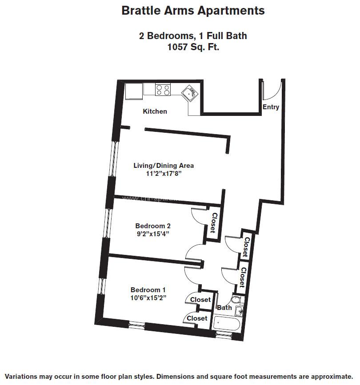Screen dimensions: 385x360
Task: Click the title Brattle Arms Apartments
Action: [193, 11]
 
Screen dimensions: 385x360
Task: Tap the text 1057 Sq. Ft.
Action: [192, 47]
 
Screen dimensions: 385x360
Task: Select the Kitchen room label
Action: [155, 111]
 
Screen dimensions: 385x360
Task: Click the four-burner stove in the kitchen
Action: [163, 90]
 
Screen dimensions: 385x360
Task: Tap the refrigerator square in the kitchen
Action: [133, 91]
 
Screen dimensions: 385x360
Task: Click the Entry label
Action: [271, 107]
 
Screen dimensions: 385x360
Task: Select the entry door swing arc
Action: [272, 91]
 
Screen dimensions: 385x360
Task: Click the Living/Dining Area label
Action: [164, 166]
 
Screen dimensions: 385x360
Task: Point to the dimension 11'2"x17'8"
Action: [164, 174]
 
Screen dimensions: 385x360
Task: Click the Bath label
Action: [224, 308]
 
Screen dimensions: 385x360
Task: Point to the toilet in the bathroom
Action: [236, 300]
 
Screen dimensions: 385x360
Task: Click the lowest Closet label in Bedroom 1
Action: [197, 318]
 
